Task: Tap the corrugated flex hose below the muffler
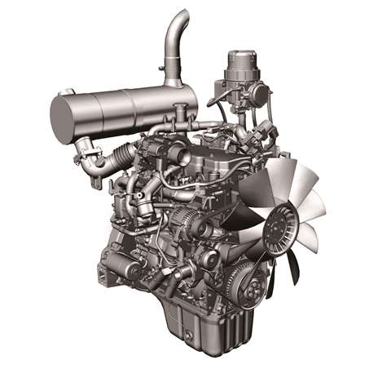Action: [x=123, y=154]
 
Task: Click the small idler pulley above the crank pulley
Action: [x=210, y=260]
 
